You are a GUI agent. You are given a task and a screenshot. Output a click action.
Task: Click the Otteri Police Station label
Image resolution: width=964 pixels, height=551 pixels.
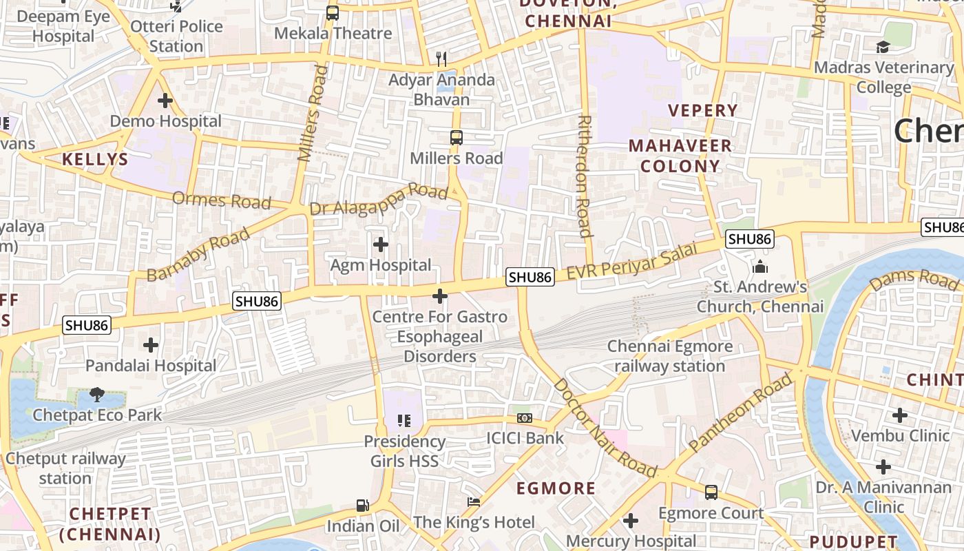pyautogui.click(x=176, y=37)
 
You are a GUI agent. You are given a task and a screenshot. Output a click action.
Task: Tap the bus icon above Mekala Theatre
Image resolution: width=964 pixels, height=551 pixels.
pyautogui.click(x=333, y=12)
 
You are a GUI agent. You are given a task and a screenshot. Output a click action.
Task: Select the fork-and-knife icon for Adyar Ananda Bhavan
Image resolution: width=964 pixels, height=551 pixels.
pyautogui.click(x=441, y=59)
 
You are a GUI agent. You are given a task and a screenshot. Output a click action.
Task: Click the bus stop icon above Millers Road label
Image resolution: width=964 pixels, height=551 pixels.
pyautogui.click(x=456, y=137)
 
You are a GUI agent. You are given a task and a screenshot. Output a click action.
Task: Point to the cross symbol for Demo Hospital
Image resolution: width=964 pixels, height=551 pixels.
pyautogui.click(x=165, y=101)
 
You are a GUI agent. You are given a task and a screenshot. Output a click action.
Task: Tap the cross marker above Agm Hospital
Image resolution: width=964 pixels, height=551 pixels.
pyautogui.click(x=380, y=245)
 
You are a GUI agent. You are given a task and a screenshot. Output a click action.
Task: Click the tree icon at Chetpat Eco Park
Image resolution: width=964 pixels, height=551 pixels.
pyautogui.click(x=97, y=395)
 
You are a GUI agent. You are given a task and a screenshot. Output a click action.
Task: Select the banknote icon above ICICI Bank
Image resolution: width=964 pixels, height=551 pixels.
pyautogui.click(x=525, y=418)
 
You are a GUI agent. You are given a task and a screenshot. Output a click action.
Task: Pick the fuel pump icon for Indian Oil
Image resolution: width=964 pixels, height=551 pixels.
pyautogui.click(x=363, y=506)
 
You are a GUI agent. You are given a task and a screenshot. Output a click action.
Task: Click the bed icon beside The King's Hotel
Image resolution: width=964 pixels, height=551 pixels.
pyautogui.click(x=474, y=502)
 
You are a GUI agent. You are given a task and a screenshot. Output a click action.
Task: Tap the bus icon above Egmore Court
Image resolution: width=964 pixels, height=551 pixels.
pyautogui.click(x=711, y=492)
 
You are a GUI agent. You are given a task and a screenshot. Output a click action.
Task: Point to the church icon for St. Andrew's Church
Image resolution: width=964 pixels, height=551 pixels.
pyautogui.click(x=760, y=266)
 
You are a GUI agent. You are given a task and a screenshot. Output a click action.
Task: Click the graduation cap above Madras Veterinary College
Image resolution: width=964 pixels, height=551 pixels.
pyautogui.click(x=883, y=47)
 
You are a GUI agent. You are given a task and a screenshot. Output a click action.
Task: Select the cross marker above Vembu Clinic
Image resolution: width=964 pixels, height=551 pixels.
pyautogui.click(x=899, y=415)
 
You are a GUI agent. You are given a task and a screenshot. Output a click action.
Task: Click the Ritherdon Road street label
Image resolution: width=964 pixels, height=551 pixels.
pyautogui.click(x=585, y=176)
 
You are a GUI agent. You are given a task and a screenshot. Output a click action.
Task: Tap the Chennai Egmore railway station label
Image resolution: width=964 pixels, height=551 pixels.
pyautogui.click(x=669, y=356)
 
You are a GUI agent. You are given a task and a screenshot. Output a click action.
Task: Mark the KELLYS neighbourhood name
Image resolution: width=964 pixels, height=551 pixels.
pyautogui.click(x=95, y=160)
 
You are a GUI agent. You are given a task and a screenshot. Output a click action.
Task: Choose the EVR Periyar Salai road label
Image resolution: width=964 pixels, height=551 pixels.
pyautogui.click(x=638, y=262)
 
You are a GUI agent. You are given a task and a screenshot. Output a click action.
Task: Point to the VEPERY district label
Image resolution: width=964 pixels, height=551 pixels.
pyautogui.click(x=702, y=110)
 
